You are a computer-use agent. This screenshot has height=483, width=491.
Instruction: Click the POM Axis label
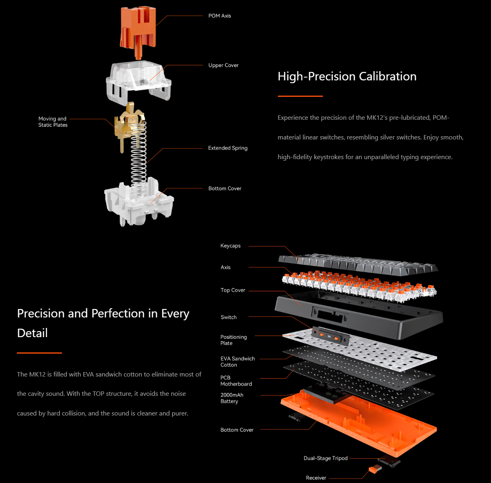pos(220,16)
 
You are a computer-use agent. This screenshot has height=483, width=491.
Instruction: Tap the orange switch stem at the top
pos(138,32)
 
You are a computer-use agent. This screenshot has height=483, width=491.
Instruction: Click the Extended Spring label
pos(228,148)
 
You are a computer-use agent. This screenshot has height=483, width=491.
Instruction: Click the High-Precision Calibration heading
pos(347,76)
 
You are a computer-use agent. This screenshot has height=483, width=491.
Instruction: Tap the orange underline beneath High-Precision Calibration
pos(300,96)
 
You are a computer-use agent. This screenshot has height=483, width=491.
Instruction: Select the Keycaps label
pos(230,246)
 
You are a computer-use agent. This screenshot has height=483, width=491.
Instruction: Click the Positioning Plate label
pos(233,340)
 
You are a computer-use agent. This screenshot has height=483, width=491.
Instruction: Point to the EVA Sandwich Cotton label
pos(238,362)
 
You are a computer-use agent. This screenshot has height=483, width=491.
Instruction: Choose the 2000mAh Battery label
pos(232,398)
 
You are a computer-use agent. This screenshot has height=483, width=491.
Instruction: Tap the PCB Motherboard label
pos(236,381)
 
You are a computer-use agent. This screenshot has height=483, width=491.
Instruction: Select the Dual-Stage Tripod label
pos(325,458)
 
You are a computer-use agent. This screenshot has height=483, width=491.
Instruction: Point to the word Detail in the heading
pos(32,333)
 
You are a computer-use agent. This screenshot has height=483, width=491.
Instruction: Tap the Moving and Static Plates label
pos(53,122)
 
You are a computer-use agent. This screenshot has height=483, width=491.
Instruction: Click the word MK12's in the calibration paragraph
pos(377,118)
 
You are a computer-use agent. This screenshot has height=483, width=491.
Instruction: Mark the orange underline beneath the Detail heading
pos(39,353)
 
